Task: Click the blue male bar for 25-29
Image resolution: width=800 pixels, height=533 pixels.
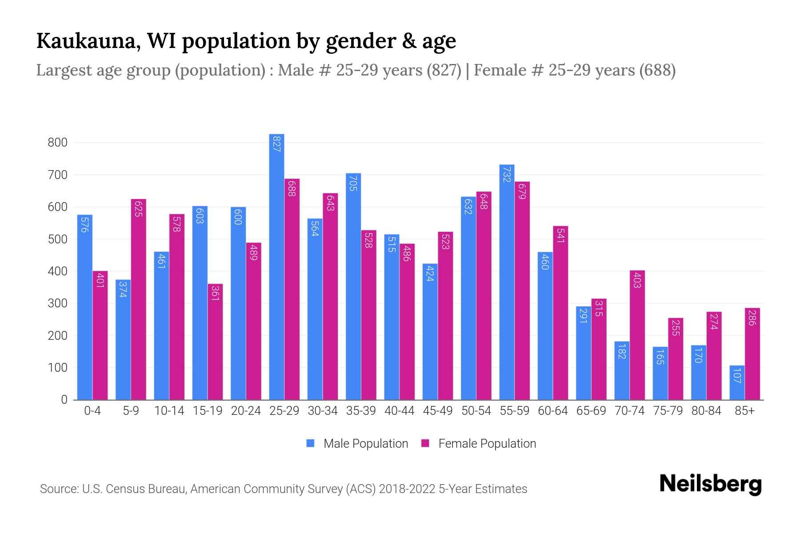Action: pos(276,266)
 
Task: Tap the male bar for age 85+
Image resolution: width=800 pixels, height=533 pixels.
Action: pos(737,382)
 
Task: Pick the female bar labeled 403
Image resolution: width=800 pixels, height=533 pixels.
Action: pos(637,335)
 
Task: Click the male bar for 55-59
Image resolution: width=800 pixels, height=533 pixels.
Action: pos(507,282)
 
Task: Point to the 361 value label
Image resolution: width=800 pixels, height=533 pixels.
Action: pos(215,294)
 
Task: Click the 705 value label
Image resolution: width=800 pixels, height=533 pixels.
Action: pos(353,183)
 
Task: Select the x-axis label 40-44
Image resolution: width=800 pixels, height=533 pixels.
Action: pos(399,411)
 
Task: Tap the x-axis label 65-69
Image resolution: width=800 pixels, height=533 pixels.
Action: pos(591,411)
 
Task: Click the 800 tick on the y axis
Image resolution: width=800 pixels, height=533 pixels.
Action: pos(58,143)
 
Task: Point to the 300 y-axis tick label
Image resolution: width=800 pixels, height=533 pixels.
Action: pos(58,303)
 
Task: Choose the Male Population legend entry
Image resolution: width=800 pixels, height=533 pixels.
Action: pos(357,443)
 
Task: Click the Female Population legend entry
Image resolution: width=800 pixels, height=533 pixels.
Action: pos(479,443)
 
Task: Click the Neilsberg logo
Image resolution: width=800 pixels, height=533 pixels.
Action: pos(710,484)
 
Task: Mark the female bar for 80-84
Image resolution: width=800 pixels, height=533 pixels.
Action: pos(714,355)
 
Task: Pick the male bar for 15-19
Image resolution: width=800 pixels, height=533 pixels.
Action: pos(200,302)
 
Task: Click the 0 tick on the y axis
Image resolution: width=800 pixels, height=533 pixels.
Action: pos(64,400)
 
